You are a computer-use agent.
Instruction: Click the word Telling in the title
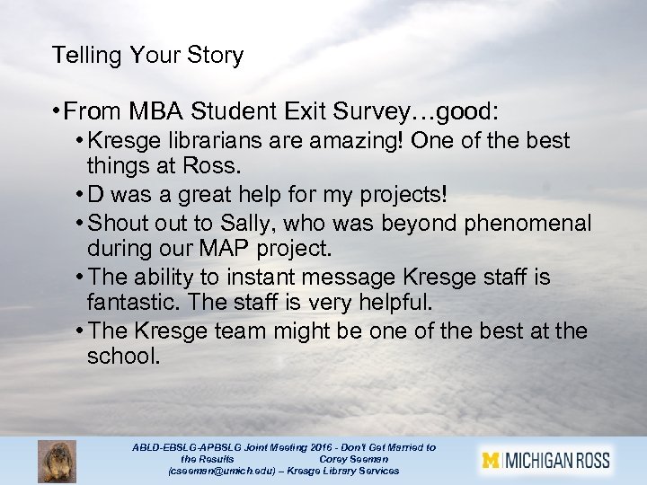(x=86, y=56)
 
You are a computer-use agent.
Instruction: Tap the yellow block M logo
(x=490, y=462)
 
